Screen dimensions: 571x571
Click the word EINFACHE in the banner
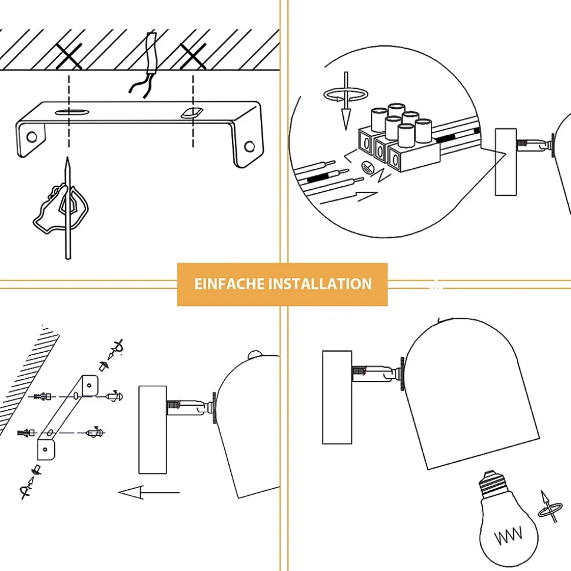(x=229, y=285)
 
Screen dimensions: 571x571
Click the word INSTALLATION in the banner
(x=320, y=285)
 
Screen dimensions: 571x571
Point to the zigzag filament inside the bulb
(x=508, y=537)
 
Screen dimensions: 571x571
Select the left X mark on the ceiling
(x=69, y=57)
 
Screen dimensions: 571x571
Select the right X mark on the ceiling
(x=193, y=57)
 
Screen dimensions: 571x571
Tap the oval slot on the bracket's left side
(x=70, y=112)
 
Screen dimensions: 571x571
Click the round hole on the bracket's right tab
(x=250, y=146)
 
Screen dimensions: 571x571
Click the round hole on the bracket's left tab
(x=31, y=137)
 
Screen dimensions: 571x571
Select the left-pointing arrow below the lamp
(x=149, y=492)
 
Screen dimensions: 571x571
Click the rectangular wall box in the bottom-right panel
(x=337, y=397)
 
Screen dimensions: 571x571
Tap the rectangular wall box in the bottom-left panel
(x=152, y=429)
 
